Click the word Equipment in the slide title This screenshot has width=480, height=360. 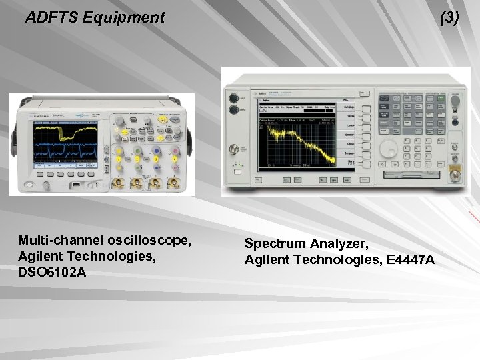pos(123,18)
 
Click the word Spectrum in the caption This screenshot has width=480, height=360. pos(273,244)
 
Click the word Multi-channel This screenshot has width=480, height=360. pos(59,239)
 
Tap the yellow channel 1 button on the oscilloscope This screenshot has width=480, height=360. pos(119,159)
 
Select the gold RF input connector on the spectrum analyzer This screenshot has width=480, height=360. pos(457,175)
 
